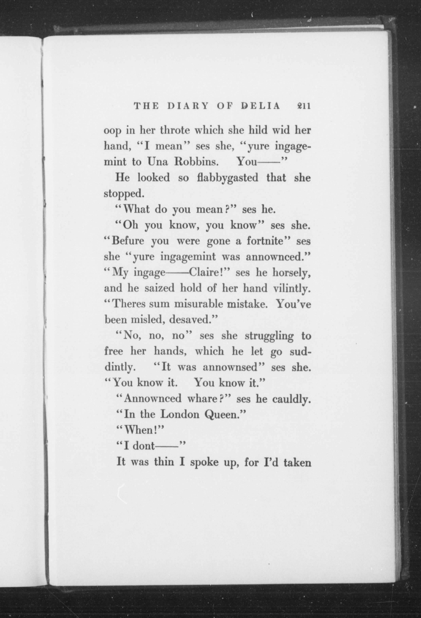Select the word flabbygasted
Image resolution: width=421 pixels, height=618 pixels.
pyautogui.click(x=228, y=178)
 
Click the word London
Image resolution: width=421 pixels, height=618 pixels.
pyautogui.click(x=180, y=414)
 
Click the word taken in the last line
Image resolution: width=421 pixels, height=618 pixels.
pyautogui.click(x=297, y=462)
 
